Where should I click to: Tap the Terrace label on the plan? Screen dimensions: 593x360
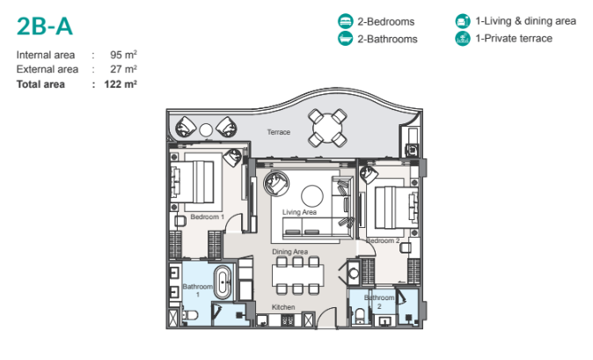pyautogui.click(x=279, y=132)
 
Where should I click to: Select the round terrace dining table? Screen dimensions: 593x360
pyautogui.click(x=327, y=129)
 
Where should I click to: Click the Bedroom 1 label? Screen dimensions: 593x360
pyautogui.click(x=208, y=216)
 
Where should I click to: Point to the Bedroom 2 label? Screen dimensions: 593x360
pyautogui.click(x=384, y=240)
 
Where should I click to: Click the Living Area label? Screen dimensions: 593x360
pyautogui.click(x=299, y=212)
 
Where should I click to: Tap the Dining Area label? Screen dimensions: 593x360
pyautogui.click(x=289, y=253)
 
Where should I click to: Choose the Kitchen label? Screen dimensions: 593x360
pyautogui.click(x=283, y=307)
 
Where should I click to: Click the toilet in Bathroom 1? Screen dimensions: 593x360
pyautogui.click(x=191, y=315)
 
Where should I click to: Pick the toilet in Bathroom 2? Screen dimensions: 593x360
pyautogui.click(x=362, y=314)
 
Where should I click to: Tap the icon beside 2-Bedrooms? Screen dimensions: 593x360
pyautogui.click(x=346, y=21)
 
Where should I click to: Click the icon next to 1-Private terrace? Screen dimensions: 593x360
pyautogui.click(x=462, y=39)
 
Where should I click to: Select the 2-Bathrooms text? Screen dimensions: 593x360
pyautogui.click(x=388, y=39)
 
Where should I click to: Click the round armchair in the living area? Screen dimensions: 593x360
pyautogui.click(x=275, y=183)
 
